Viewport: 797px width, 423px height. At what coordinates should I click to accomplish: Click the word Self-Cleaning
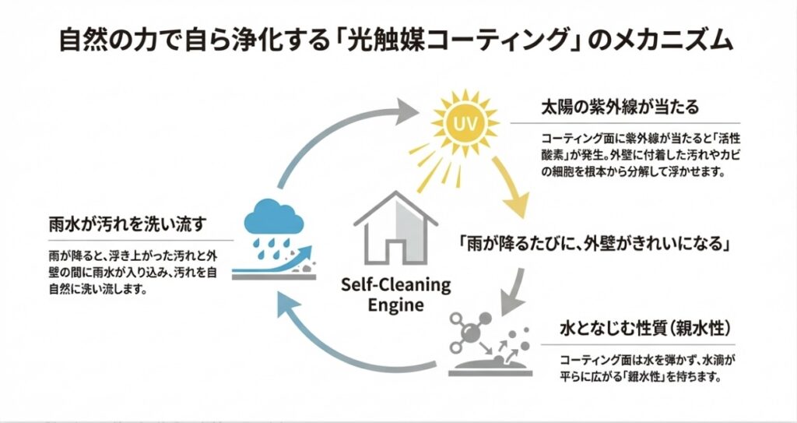[x=396, y=284]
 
